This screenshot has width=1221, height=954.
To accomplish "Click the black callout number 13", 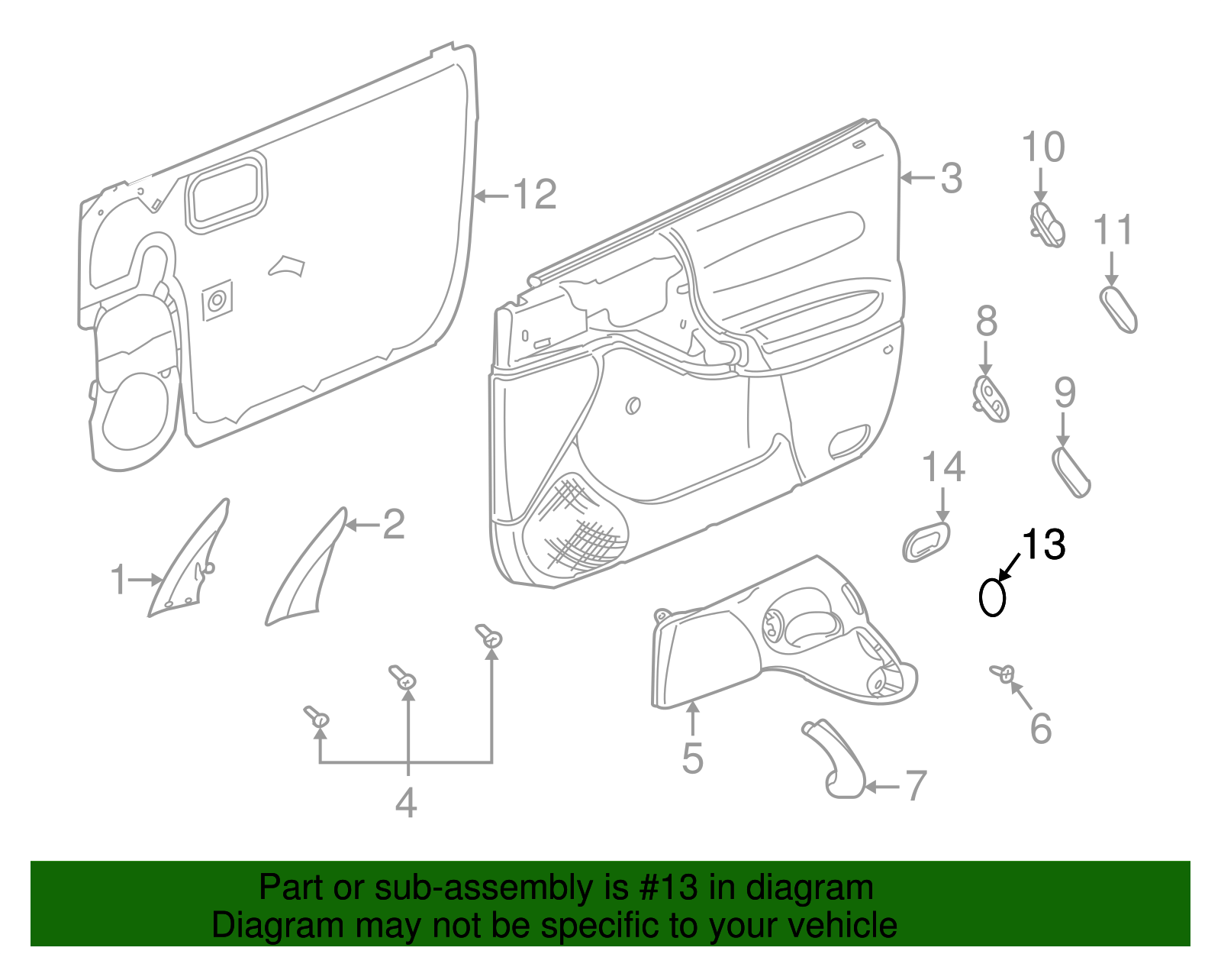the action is [x=1043, y=544].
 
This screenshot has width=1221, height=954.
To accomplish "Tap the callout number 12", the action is [x=535, y=194].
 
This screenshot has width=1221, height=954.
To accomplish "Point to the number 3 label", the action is [x=952, y=178].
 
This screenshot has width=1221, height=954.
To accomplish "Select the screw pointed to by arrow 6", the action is [x=1003, y=672].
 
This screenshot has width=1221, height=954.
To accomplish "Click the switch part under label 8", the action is [x=991, y=399].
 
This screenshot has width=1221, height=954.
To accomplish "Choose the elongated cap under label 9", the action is [x=1071, y=472].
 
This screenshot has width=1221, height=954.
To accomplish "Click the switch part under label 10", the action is [x=1047, y=225].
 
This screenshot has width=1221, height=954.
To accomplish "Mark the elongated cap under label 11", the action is [x=1118, y=310].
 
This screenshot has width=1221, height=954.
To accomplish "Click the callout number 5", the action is [x=693, y=758].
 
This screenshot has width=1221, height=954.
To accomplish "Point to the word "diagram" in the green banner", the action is [x=810, y=888].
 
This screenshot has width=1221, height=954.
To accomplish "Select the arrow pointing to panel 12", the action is [x=491, y=196].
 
